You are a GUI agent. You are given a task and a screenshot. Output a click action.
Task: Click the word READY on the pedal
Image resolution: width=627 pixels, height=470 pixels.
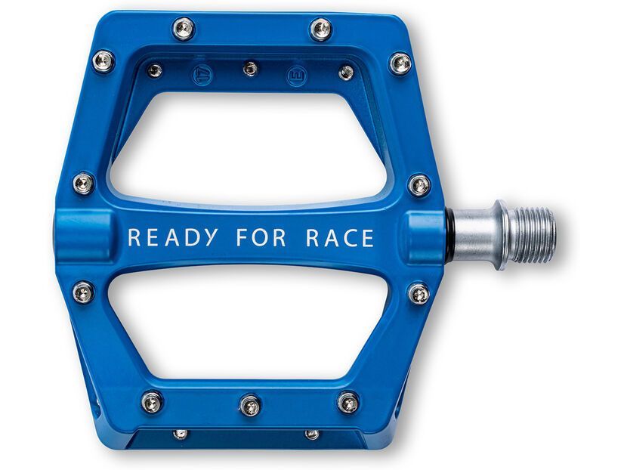coord(173,237)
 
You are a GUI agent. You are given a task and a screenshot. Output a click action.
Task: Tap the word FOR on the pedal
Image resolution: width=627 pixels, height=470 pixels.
coord(261,237)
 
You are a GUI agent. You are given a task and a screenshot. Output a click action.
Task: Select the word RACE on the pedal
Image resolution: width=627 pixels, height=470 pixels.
coord(340,237)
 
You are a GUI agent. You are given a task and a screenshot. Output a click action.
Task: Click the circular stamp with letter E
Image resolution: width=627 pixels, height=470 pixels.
coord(297,76)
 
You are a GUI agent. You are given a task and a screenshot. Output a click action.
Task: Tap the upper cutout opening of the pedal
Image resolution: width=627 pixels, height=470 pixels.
coord(248,148)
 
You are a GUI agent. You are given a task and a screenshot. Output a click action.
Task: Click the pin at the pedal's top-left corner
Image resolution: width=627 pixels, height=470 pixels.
coord(103,61)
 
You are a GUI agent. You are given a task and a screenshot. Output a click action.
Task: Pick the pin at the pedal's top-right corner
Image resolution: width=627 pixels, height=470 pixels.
coord(400,63)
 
